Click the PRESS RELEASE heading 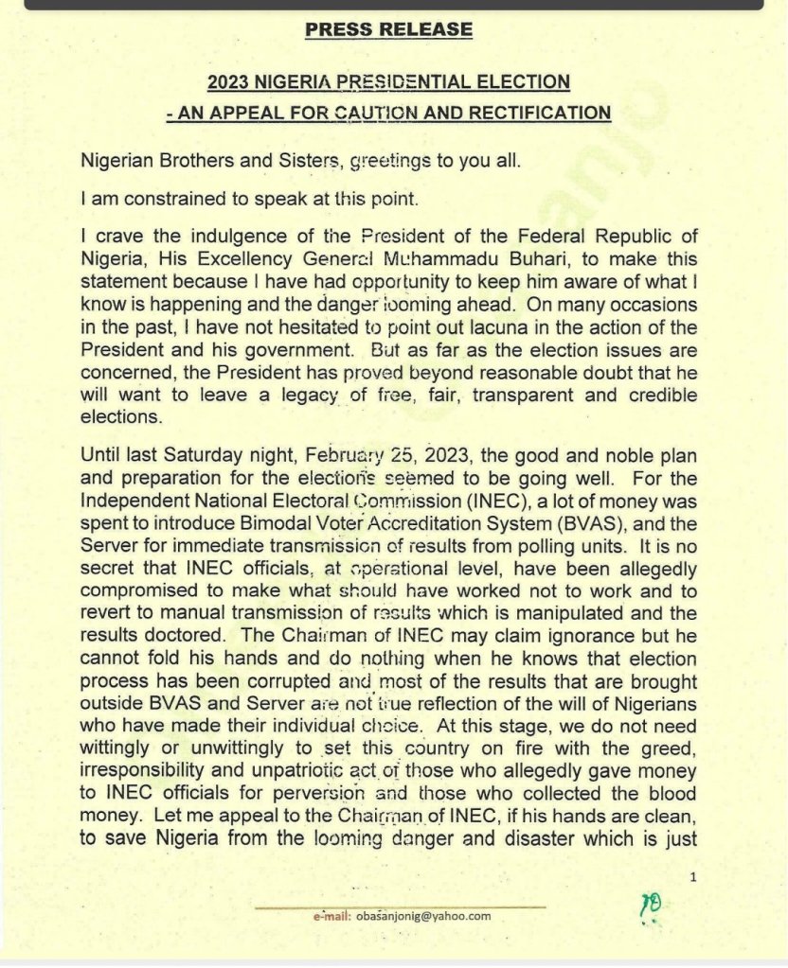[x=388, y=29]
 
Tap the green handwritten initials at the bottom [x=651, y=906]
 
